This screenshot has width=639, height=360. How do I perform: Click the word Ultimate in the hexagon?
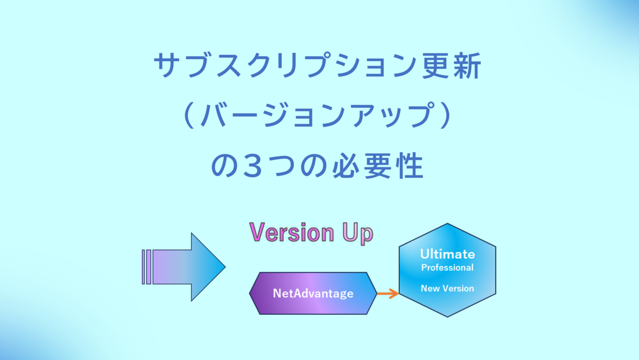447,254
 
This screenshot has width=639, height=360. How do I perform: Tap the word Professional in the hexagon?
447,267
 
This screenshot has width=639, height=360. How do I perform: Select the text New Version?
447,289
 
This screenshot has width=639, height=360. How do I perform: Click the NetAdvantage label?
313,293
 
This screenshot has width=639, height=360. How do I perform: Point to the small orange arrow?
388,293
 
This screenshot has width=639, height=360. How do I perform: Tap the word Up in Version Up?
358,233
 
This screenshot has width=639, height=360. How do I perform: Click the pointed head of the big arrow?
225,267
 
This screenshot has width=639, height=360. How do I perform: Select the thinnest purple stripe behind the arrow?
143,267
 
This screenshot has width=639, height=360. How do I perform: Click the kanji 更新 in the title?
452,66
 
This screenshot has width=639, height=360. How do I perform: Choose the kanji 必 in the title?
346,166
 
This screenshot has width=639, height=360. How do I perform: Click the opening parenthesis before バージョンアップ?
189,116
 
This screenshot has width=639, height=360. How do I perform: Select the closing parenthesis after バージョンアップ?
446,116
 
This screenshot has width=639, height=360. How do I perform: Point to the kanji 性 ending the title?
409,166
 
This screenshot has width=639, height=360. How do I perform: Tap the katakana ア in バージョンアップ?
367,116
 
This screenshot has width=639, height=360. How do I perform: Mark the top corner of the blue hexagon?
447,223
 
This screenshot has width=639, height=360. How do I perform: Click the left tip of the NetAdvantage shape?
249,293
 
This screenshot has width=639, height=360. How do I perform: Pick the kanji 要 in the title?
378,166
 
